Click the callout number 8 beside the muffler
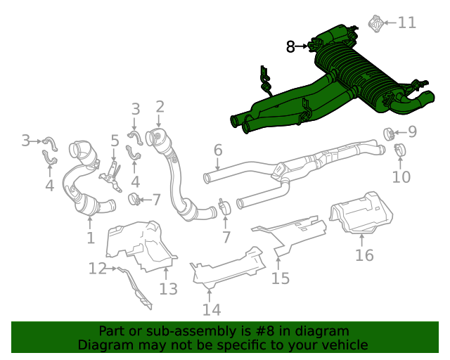pyautogui.click(x=291, y=47)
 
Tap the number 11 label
pyautogui.click(x=406, y=22)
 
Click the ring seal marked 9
pyautogui.click(x=387, y=132)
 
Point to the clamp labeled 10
pyautogui.click(x=399, y=150)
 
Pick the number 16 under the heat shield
pyautogui.click(x=364, y=255)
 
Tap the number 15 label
pyautogui.click(x=281, y=278)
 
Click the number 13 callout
pyautogui.click(x=169, y=288)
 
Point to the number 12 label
pyautogui.click(x=97, y=268)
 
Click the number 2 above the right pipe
pyautogui.click(x=160, y=107)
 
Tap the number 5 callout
pyautogui.click(x=114, y=141)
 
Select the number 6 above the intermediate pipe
pyautogui.click(x=217, y=150)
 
